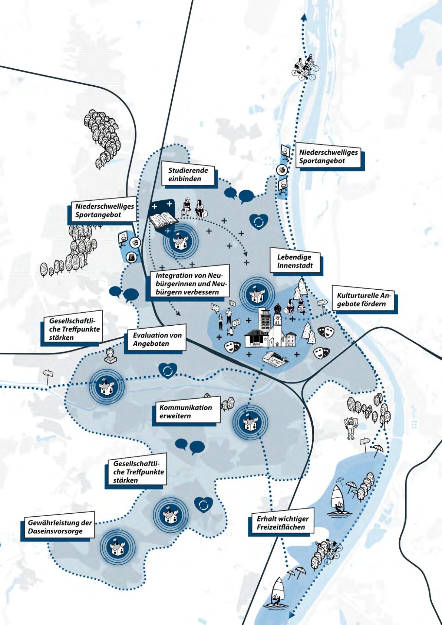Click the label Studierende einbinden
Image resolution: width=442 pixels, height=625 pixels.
pyautogui.click(x=188, y=174)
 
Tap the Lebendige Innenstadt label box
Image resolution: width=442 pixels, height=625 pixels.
pyautogui.click(x=295, y=261)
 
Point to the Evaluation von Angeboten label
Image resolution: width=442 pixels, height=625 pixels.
pyautogui.click(x=157, y=339)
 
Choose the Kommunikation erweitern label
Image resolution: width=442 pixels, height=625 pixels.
pyautogui.click(x=186, y=411)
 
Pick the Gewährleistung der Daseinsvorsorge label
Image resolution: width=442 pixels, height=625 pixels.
pyautogui.click(x=60, y=527)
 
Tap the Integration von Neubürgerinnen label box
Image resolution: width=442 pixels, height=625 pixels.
pyautogui.click(x=189, y=283)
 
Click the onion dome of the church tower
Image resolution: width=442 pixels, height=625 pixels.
pyautogui.click(x=277, y=309)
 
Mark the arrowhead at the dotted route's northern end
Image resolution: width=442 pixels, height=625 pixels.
pyautogui.click(x=303, y=17)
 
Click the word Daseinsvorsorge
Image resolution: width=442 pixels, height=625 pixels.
pyautogui.click(x=55, y=531)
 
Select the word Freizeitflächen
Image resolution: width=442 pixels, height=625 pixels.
pyautogui.click(x=281, y=527)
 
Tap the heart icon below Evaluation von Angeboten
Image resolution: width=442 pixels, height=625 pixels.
pyautogui.click(x=168, y=371)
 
